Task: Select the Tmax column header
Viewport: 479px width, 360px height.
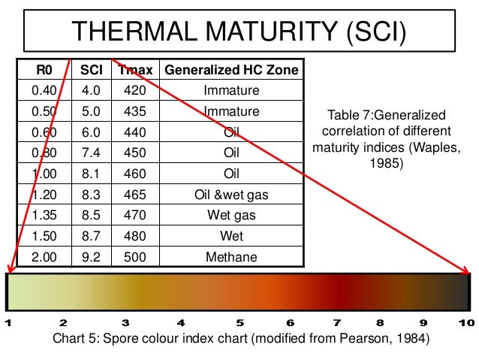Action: point(135,71)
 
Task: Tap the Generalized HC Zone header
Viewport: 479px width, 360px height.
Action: point(231,71)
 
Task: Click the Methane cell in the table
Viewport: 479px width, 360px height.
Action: point(231,258)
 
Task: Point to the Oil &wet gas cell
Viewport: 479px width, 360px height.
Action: point(231,195)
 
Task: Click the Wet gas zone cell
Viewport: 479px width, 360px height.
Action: point(231,216)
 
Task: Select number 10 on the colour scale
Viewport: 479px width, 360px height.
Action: point(466,322)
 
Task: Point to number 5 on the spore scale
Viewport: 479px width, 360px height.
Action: point(238,322)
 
